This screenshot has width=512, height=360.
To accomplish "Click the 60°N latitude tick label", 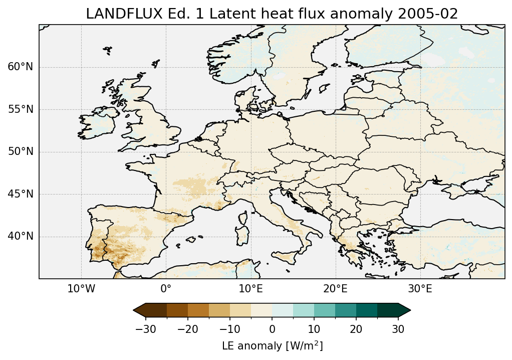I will coord(21,67).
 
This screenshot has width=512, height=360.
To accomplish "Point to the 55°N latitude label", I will coord(21,109).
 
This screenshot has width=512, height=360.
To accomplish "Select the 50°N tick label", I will coord(21,151).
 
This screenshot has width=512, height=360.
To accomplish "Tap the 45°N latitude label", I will coord(21,194).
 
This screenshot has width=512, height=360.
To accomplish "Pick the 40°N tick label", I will coord(21,236).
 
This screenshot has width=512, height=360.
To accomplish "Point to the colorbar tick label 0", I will coord(272,329).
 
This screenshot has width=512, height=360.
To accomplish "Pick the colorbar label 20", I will coord(356,329).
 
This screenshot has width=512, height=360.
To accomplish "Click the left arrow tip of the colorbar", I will coord(135,310).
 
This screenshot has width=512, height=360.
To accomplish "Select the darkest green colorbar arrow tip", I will coord(408,310).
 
